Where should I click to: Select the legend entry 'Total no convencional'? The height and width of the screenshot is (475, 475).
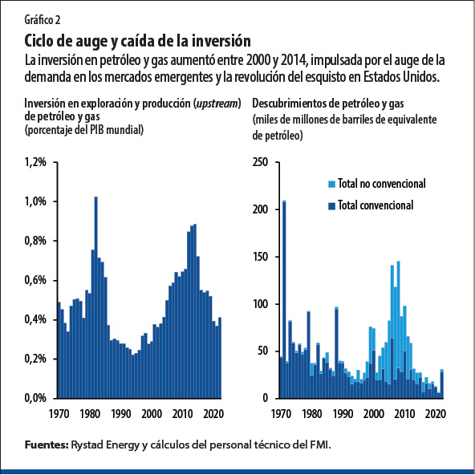pos(381,184)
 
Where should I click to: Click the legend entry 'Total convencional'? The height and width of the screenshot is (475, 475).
pos(375,205)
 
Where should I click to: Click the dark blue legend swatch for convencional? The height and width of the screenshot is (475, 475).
pos(331,205)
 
